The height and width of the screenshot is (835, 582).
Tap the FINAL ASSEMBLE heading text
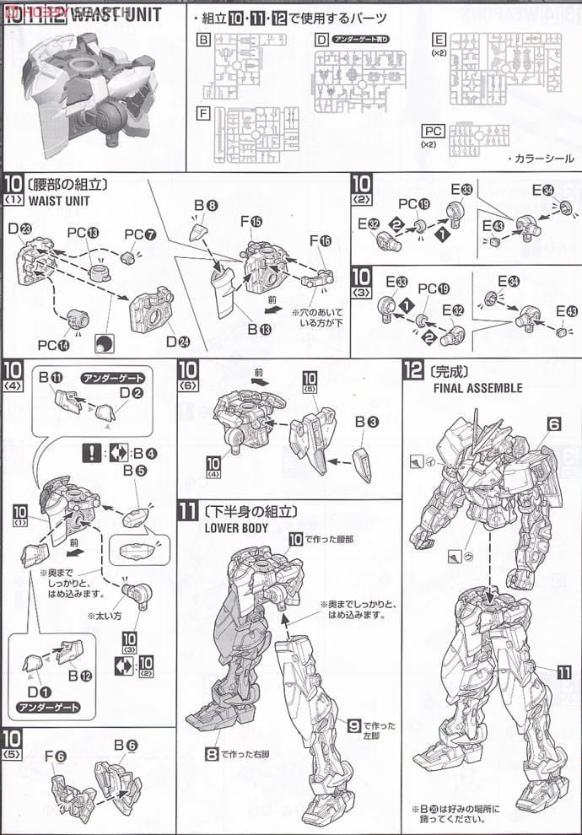[x=477, y=389]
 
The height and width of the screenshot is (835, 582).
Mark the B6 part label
[x=125, y=746]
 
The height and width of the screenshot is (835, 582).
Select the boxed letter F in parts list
[x=203, y=113]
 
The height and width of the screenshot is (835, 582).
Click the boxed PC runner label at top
[x=432, y=132]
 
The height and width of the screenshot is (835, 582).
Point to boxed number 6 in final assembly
[x=554, y=426]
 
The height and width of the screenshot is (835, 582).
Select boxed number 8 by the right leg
[x=211, y=753]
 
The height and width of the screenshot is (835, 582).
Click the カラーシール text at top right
[x=542, y=158]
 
